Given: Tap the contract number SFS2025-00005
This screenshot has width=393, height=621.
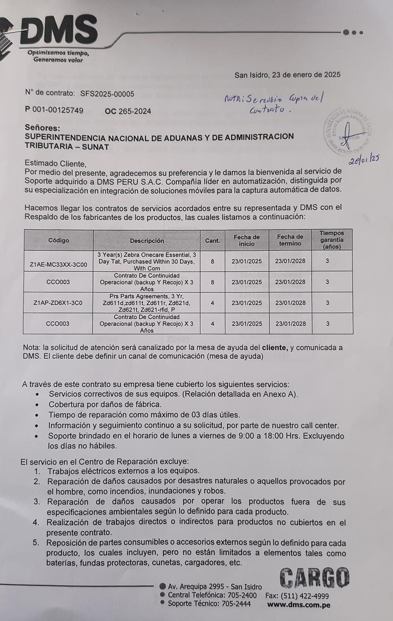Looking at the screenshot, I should [x=107, y=94].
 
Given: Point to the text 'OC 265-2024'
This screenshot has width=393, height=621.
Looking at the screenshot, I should [x=128, y=111].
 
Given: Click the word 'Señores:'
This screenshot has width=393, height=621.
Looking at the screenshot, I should [x=42, y=128].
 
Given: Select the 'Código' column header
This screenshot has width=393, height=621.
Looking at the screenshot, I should [x=58, y=240].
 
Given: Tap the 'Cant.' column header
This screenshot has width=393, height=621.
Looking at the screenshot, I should [x=212, y=241].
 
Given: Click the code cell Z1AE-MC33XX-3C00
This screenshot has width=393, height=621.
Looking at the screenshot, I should [x=58, y=264].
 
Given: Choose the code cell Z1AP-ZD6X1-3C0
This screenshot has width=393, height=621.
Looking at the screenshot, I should [x=58, y=303].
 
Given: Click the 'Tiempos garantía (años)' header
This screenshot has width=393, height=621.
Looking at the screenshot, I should [x=332, y=240].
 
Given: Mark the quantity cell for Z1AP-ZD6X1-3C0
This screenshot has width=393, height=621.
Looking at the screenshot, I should [x=212, y=303].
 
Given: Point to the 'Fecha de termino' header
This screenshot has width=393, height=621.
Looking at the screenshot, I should [x=290, y=240].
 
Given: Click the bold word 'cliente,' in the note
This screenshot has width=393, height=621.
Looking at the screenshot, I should [x=275, y=347].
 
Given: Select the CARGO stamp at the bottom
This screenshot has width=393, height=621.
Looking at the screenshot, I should [x=314, y=578].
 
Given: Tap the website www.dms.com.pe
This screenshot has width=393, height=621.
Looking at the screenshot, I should [x=298, y=604].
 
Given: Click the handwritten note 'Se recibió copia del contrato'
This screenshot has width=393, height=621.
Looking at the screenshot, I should [x=274, y=103].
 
